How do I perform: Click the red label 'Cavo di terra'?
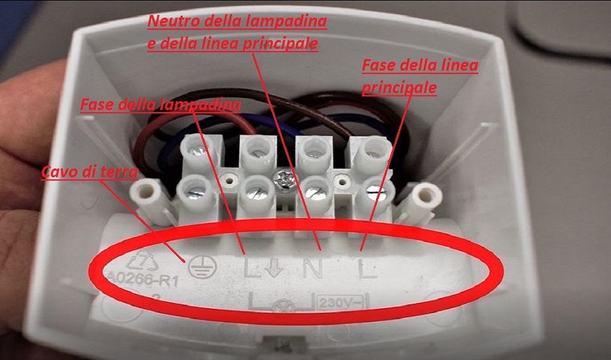point(90,172)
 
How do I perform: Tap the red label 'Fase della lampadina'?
point(160,105)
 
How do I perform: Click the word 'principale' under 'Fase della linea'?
point(399,88)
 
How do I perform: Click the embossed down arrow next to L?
point(274,268)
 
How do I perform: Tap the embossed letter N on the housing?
point(313,268)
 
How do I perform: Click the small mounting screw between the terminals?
point(284,179)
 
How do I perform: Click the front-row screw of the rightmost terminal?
point(374,193)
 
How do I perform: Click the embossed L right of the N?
point(367,268)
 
